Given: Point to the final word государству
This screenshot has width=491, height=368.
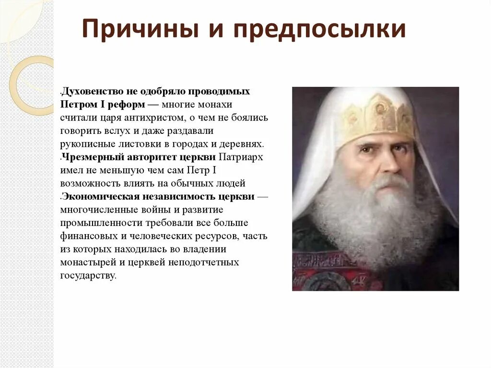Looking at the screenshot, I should (88, 276).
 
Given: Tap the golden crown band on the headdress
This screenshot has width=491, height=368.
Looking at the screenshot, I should (379, 115).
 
